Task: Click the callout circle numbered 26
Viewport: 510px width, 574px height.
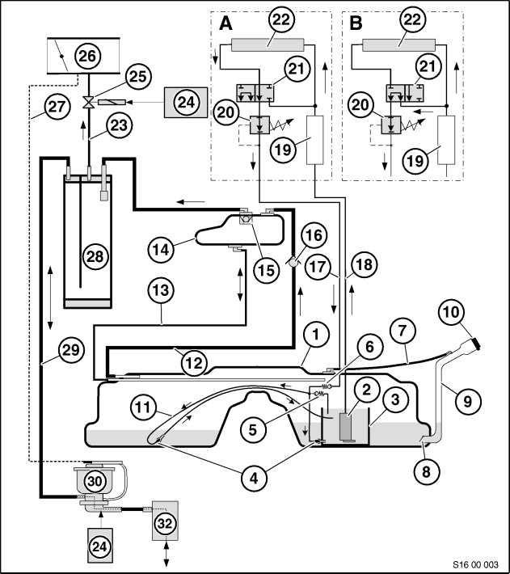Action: point(87,56)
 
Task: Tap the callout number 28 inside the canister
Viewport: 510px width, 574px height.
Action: point(95,256)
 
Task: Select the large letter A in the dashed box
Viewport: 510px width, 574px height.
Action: point(225,23)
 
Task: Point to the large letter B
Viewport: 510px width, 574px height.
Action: point(356,23)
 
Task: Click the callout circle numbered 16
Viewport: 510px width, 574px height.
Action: point(314,235)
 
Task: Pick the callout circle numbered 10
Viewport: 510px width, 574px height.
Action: point(451,312)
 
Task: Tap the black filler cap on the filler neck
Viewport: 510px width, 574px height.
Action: point(475,344)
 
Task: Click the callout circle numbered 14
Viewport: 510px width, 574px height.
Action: point(161,250)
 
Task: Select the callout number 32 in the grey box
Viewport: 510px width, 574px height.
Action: point(165,524)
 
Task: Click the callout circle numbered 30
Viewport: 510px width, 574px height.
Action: point(95,481)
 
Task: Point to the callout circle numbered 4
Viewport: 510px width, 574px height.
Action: point(254,477)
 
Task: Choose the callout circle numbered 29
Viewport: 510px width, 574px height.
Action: point(71,350)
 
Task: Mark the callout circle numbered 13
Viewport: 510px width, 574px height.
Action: point(161,291)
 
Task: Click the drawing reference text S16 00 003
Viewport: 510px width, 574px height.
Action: point(475,564)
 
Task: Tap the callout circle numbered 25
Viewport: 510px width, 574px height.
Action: point(138,77)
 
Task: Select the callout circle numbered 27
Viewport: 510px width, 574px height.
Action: point(57,107)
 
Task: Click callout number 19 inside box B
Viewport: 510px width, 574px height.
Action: point(415,160)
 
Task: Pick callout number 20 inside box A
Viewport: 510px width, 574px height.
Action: point(225,112)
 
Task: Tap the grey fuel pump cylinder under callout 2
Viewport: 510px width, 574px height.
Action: point(346,427)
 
